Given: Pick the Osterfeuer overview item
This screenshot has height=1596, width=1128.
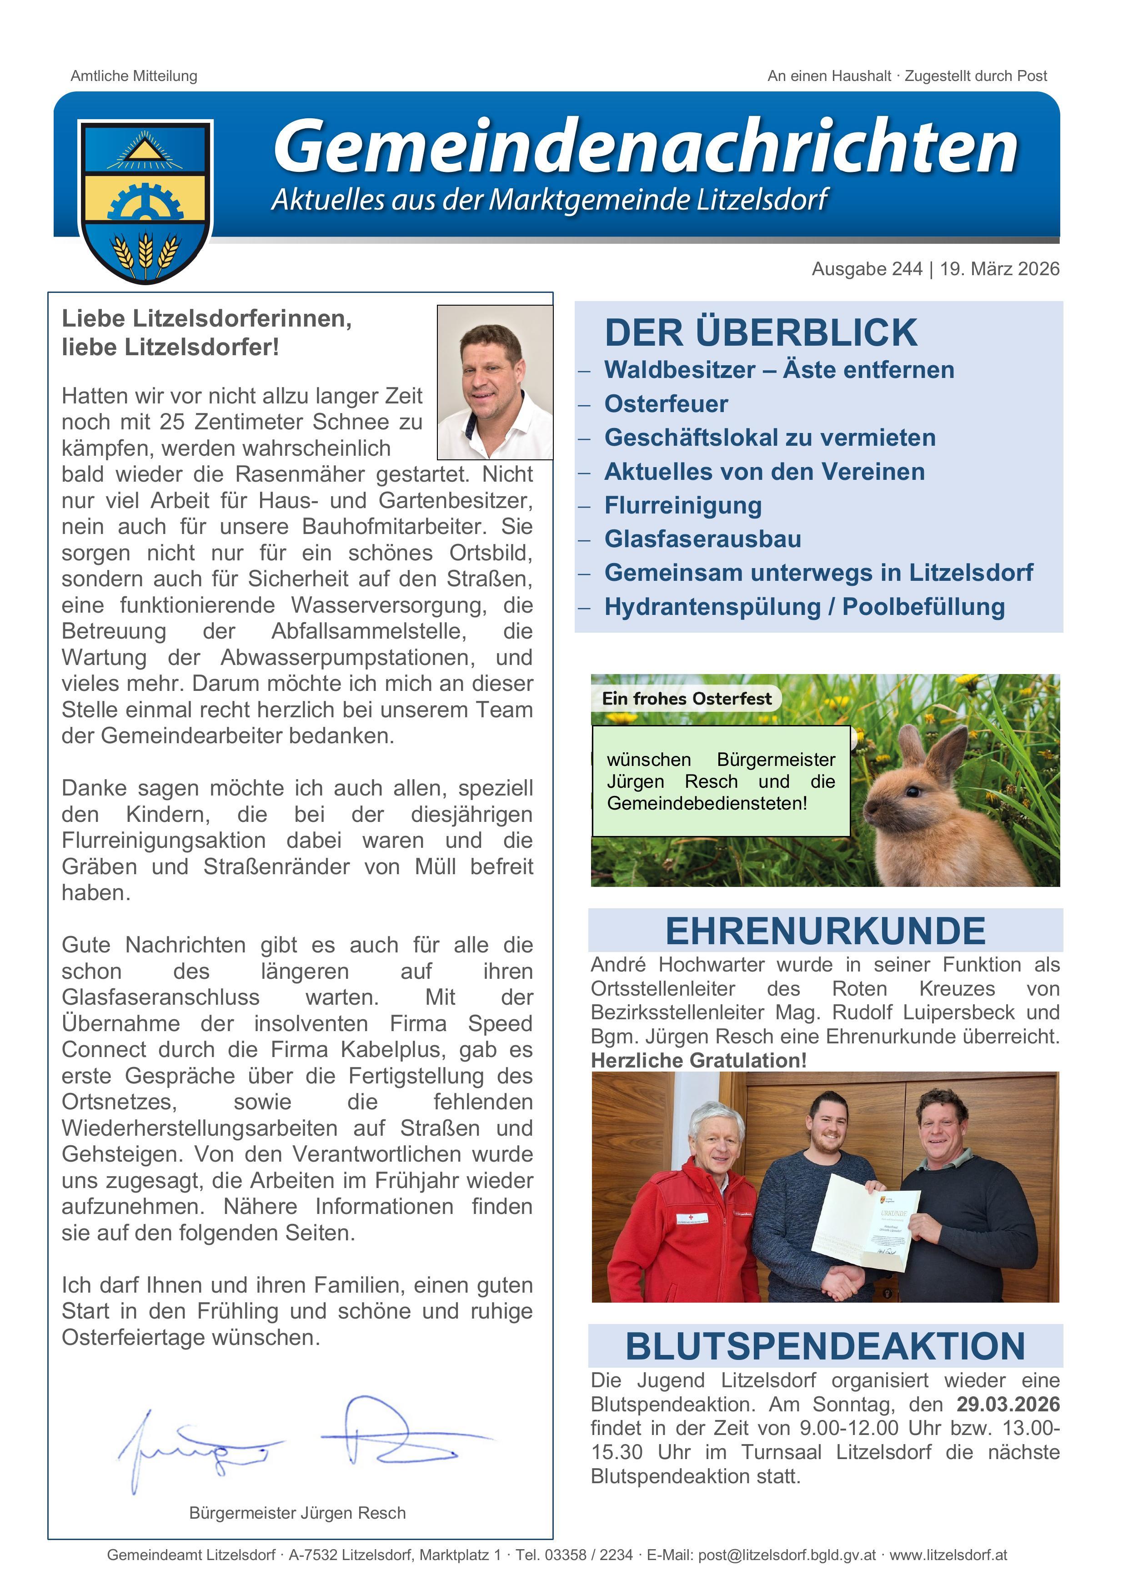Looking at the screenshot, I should pyautogui.click(x=666, y=404).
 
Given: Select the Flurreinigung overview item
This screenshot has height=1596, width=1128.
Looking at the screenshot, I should pyautogui.click(x=682, y=505).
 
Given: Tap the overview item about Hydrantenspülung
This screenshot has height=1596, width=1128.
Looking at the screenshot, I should pyautogui.click(x=804, y=607).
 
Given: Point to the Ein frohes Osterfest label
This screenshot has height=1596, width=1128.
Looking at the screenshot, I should pyautogui.click(x=686, y=699).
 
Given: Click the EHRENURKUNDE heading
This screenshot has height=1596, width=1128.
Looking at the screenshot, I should pyautogui.click(x=825, y=931).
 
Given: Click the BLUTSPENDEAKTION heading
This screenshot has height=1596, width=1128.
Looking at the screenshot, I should pyautogui.click(x=825, y=1346).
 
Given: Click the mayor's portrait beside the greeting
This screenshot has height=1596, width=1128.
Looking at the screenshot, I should pyautogui.click(x=495, y=383).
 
